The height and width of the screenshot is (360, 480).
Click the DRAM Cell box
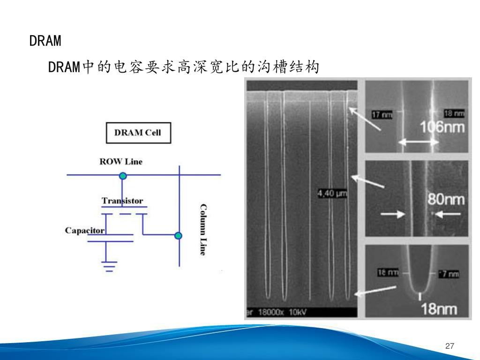tap(138, 133)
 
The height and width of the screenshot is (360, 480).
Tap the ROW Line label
tap(120, 162)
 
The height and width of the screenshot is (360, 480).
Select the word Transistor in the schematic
tap(122, 201)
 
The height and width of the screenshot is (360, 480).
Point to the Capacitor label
tap(84, 231)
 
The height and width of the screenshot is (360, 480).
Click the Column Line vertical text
tap(203, 230)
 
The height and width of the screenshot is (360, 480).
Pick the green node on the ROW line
tap(123, 176)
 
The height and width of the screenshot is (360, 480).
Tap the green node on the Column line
tap(178, 235)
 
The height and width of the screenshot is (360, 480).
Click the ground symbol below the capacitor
tap(110, 267)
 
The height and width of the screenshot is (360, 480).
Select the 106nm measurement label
tap(442, 127)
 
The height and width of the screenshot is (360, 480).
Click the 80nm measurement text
tap(446, 200)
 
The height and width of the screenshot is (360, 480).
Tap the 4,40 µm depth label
tap(332, 194)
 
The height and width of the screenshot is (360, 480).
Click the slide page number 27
tap(450, 346)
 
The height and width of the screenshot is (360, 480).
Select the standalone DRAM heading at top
tap(45, 41)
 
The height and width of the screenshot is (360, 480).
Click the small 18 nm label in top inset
tap(454, 113)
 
